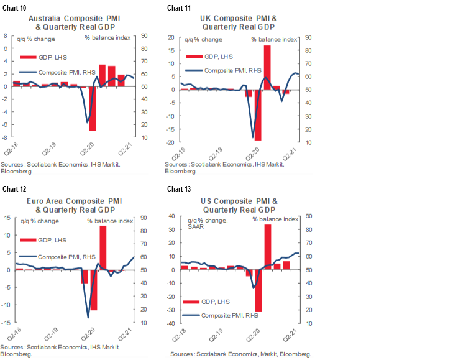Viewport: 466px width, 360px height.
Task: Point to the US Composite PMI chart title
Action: pyautogui.click(x=239, y=205)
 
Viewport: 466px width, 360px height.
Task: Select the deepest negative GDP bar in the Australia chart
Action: pyautogui.click(x=93, y=109)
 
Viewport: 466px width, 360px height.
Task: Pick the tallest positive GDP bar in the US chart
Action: pyautogui.click(x=268, y=247)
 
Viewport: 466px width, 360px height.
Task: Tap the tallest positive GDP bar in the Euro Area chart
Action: pyautogui.click(x=103, y=247)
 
